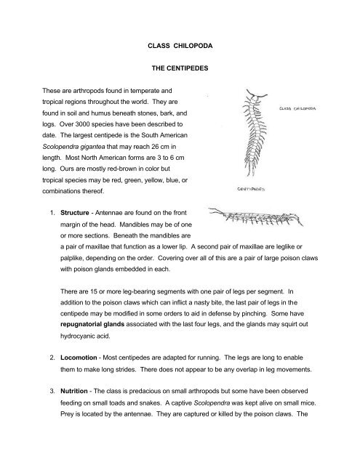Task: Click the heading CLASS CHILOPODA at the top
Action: coord(180,46)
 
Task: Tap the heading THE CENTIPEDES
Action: coord(180,68)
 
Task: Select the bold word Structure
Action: coord(75,213)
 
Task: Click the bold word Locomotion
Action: coord(79,357)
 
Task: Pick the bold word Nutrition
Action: coord(74,391)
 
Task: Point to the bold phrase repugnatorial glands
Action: coord(92,325)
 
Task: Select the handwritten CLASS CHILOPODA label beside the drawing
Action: coord(297,108)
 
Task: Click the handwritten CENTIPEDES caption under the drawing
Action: coord(251,189)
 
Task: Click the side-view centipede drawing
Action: coord(256,217)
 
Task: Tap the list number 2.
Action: coord(52,357)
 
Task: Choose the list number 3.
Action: coord(52,391)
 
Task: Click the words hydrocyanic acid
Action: coord(85,336)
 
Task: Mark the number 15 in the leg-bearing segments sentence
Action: coord(94,291)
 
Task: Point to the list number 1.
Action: coord(52,213)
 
